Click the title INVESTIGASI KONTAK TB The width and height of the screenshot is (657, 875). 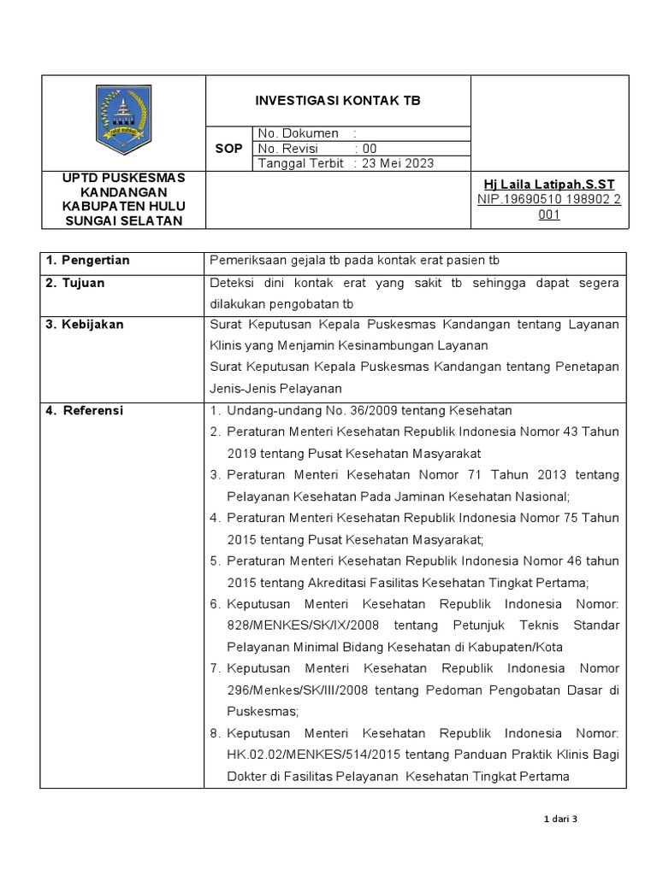coord(338,101)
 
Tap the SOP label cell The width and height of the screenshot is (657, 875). coord(229,149)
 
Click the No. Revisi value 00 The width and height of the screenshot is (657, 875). coord(370,149)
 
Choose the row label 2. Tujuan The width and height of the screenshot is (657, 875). coord(76,283)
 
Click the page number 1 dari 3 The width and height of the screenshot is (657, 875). coord(561,819)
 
